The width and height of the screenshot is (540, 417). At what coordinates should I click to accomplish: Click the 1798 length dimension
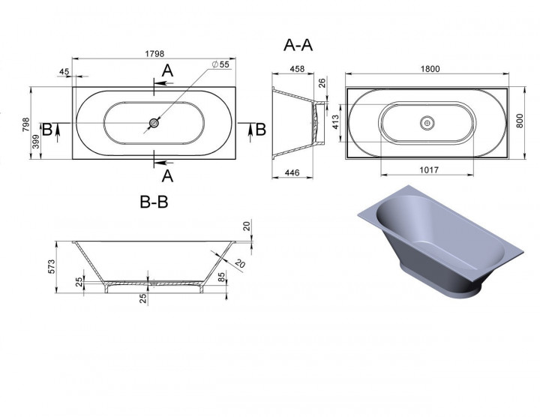tap(154, 54)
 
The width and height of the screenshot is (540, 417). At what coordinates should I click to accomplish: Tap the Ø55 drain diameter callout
tap(220, 64)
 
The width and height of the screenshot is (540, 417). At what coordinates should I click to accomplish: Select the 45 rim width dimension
tap(64, 71)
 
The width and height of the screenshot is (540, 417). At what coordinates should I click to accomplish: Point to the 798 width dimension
tap(25, 124)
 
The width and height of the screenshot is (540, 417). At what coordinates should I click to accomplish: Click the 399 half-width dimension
tap(36, 142)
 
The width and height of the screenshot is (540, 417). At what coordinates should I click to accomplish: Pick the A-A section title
tap(298, 45)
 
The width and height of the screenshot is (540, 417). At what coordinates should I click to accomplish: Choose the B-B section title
tap(154, 202)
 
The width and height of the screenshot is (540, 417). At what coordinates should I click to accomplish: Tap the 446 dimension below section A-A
tap(292, 172)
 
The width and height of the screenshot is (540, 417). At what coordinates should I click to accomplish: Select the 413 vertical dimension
tap(336, 122)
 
